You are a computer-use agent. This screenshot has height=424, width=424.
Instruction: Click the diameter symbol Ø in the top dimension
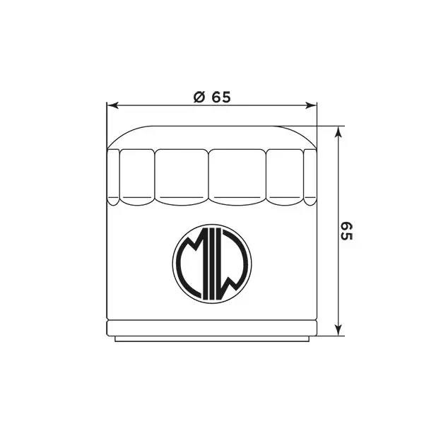[199, 97]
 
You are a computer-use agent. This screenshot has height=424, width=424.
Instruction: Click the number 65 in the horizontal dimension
[221, 97]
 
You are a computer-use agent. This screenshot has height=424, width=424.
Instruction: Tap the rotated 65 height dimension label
[346, 231]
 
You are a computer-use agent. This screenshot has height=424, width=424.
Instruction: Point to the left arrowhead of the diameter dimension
[112, 105]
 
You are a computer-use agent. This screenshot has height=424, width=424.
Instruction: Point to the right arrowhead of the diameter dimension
[310, 105]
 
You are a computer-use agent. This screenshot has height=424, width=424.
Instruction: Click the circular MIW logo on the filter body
[212, 263]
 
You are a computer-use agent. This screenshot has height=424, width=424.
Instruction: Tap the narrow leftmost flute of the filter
[113, 177]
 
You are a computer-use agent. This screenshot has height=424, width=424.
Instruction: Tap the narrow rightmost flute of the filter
[310, 177]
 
